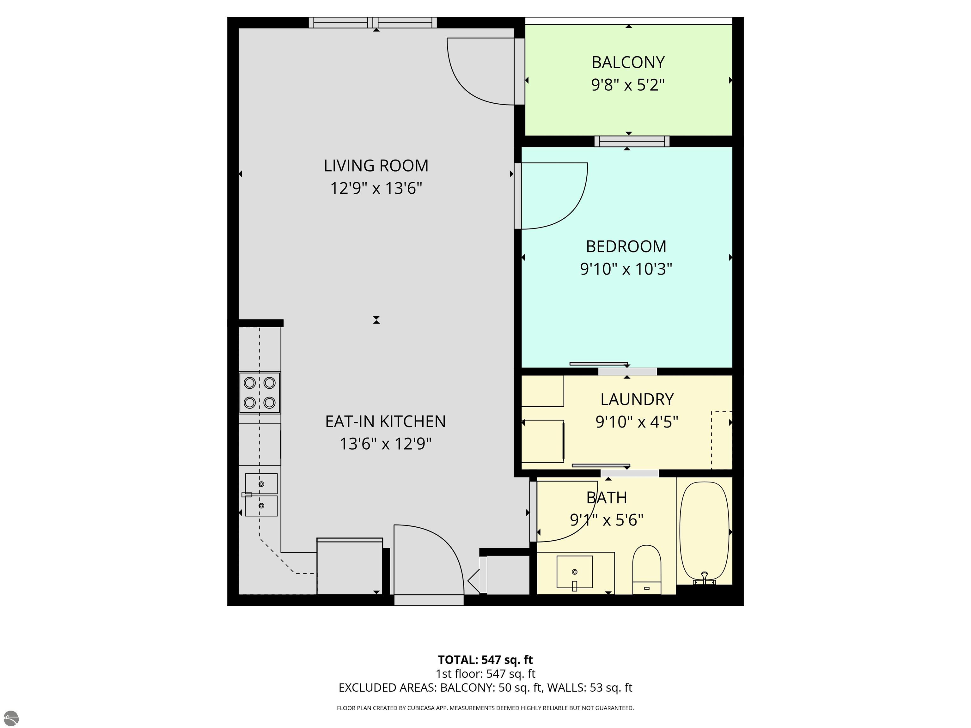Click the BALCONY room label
click(628, 62)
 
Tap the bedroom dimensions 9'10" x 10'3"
click(626, 269)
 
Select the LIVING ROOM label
click(376, 166)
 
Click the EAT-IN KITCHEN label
click(385, 421)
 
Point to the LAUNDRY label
click(637, 399)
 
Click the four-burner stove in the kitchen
click(260, 393)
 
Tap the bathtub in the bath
click(704, 531)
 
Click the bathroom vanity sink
click(574, 572)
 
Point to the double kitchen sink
click(261, 494)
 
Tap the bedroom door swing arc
click(562, 202)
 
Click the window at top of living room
click(373, 22)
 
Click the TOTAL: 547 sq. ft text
click(485, 659)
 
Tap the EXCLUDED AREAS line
click(485, 688)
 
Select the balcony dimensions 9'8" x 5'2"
click(628, 85)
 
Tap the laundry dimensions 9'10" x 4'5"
click(637, 422)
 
